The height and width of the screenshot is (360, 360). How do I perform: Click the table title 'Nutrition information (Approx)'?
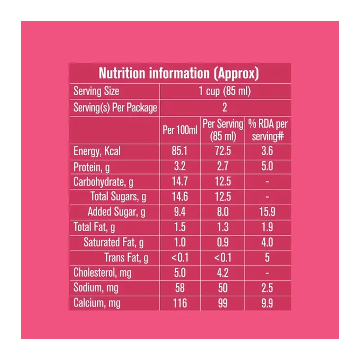(x=179, y=73)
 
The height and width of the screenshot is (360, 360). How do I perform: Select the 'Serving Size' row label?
(x=96, y=91)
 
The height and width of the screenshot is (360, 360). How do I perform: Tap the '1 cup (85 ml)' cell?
(x=225, y=91)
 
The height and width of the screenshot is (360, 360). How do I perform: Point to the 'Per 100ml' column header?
(x=180, y=130)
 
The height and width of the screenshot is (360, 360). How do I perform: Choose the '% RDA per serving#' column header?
(x=268, y=130)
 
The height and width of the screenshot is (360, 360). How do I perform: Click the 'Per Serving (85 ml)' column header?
(x=223, y=130)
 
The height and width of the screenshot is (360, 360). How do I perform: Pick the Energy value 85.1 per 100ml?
(x=180, y=152)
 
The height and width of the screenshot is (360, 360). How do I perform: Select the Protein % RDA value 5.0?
(x=267, y=167)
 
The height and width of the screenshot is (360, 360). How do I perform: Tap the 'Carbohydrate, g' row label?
(x=103, y=182)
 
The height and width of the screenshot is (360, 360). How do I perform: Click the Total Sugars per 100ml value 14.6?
(x=180, y=197)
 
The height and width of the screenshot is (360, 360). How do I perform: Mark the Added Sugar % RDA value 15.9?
(x=267, y=212)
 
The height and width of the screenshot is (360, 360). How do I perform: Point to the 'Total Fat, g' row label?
(x=94, y=227)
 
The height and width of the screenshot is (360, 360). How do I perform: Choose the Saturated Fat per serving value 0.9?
(x=223, y=242)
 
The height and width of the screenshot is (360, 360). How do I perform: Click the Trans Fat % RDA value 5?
(x=267, y=258)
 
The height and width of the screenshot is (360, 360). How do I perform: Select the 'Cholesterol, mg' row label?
(x=102, y=273)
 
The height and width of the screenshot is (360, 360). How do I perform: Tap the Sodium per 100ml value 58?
(x=180, y=288)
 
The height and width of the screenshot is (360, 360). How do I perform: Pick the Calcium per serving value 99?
(x=223, y=303)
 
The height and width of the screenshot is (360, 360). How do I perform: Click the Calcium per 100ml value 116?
(x=180, y=303)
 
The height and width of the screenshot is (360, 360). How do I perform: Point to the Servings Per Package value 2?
(x=225, y=108)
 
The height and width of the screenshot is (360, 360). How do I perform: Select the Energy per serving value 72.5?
(x=223, y=152)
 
